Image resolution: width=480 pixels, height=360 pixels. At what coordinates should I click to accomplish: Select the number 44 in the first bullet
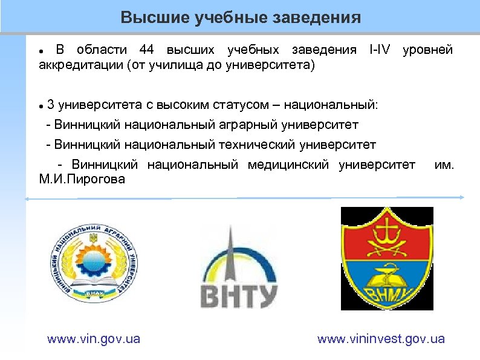[149, 50]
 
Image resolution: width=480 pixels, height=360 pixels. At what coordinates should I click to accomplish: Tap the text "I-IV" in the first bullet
[380, 50]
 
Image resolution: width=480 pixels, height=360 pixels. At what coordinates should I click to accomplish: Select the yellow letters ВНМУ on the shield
[387, 293]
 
